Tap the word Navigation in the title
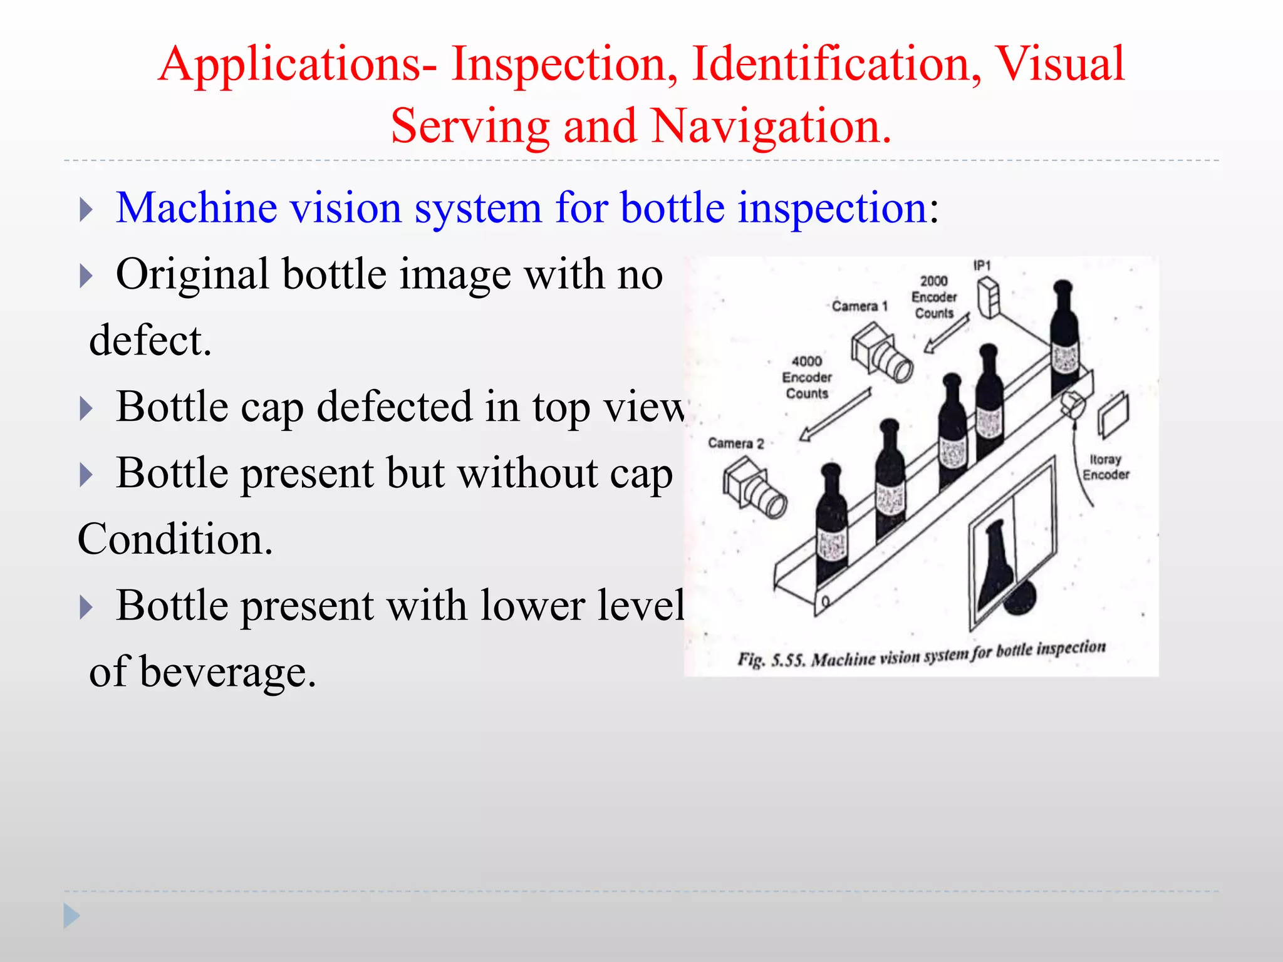pos(771,126)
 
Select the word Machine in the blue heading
pos(196,208)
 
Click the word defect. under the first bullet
pos(150,341)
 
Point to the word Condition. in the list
pos(175,539)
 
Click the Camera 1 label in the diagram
pos(860,306)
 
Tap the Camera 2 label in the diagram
pos(736,443)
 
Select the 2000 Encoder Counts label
pos(934,297)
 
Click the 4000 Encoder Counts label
pos(807,377)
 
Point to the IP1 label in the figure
pos(982,266)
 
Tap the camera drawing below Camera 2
pos(755,489)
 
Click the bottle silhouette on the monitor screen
pos(995,564)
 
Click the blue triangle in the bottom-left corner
pos(71,916)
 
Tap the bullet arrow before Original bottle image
pos(86,276)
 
